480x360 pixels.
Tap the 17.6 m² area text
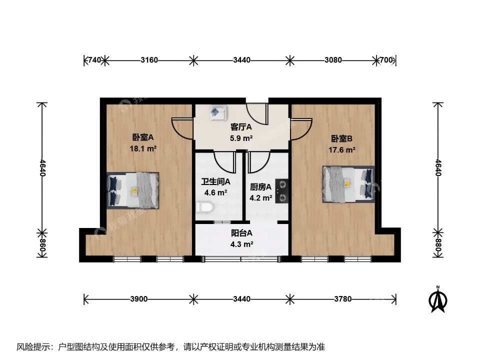342,149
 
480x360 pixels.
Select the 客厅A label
241,127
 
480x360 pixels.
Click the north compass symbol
437,299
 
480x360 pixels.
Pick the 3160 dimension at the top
149,60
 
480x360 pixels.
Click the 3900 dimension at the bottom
138,299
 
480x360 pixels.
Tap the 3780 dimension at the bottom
343,299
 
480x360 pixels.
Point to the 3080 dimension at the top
333,60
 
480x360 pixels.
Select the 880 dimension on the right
438,246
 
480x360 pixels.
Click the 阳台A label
241,233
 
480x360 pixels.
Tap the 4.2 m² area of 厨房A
261,198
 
